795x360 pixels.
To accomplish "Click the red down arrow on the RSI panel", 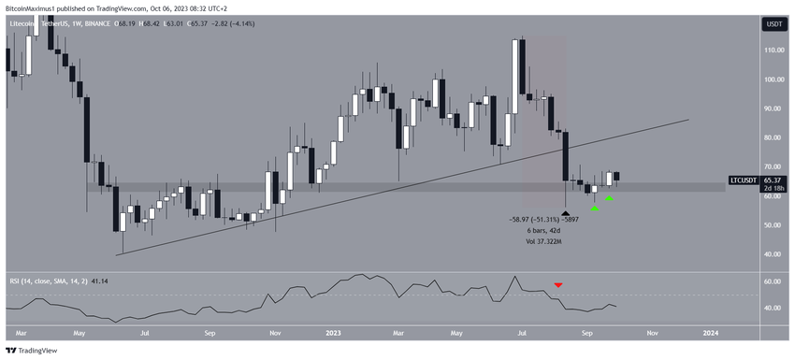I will point(558,284).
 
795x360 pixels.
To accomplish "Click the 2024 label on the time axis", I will point(711,331).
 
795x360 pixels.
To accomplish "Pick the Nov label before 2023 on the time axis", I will point(274,331).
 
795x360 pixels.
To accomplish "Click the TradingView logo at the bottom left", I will point(33,351).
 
